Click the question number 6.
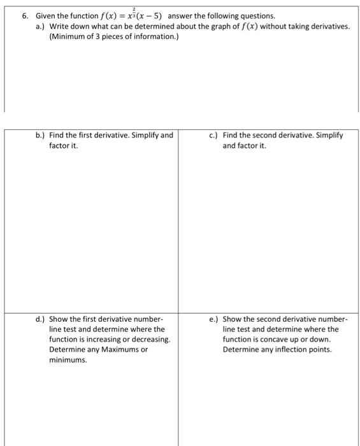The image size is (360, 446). [25, 15]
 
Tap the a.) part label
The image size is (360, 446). [40, 26]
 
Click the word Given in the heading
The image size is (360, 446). [46, 15]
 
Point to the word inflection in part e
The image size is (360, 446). [293, 350]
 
